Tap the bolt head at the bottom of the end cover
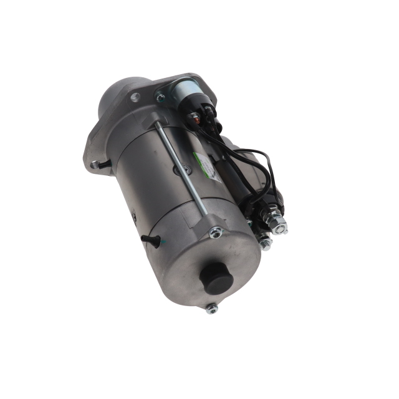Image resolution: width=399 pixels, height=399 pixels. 212,307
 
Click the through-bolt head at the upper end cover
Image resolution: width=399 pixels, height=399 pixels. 216,233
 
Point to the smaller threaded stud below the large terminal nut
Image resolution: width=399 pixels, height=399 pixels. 264,243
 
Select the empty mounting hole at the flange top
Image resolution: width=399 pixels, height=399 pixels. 135,97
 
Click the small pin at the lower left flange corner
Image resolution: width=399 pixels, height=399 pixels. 95,165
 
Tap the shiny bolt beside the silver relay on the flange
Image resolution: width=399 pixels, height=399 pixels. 160,97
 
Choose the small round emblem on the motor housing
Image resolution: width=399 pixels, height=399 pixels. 177,170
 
